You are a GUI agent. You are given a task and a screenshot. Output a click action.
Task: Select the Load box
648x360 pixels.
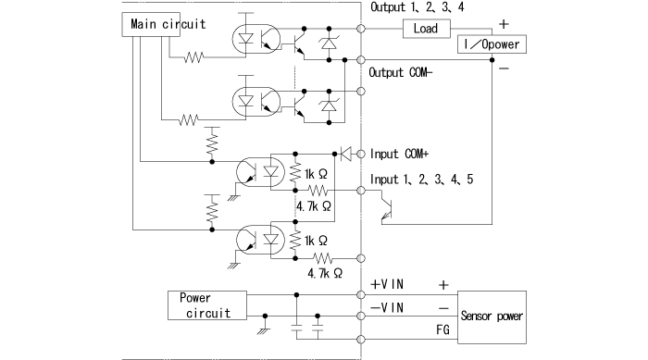click(426, 29)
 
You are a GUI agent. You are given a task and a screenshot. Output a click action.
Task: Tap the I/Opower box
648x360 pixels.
click(492, 44)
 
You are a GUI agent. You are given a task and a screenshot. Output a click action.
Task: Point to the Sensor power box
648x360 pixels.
click(492, 316)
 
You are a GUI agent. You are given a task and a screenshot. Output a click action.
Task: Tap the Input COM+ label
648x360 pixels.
click(404, 154)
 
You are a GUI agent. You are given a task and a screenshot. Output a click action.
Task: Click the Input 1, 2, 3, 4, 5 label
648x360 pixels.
click(421, 178)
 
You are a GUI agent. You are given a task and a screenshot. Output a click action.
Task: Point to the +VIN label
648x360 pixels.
click(387, 284)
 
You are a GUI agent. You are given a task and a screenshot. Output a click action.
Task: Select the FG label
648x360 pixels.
click(442, 328)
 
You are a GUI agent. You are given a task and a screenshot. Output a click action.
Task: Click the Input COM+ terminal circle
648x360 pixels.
click(361, 154)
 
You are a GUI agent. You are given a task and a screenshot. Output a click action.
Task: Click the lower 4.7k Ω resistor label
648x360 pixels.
click(326, 274)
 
